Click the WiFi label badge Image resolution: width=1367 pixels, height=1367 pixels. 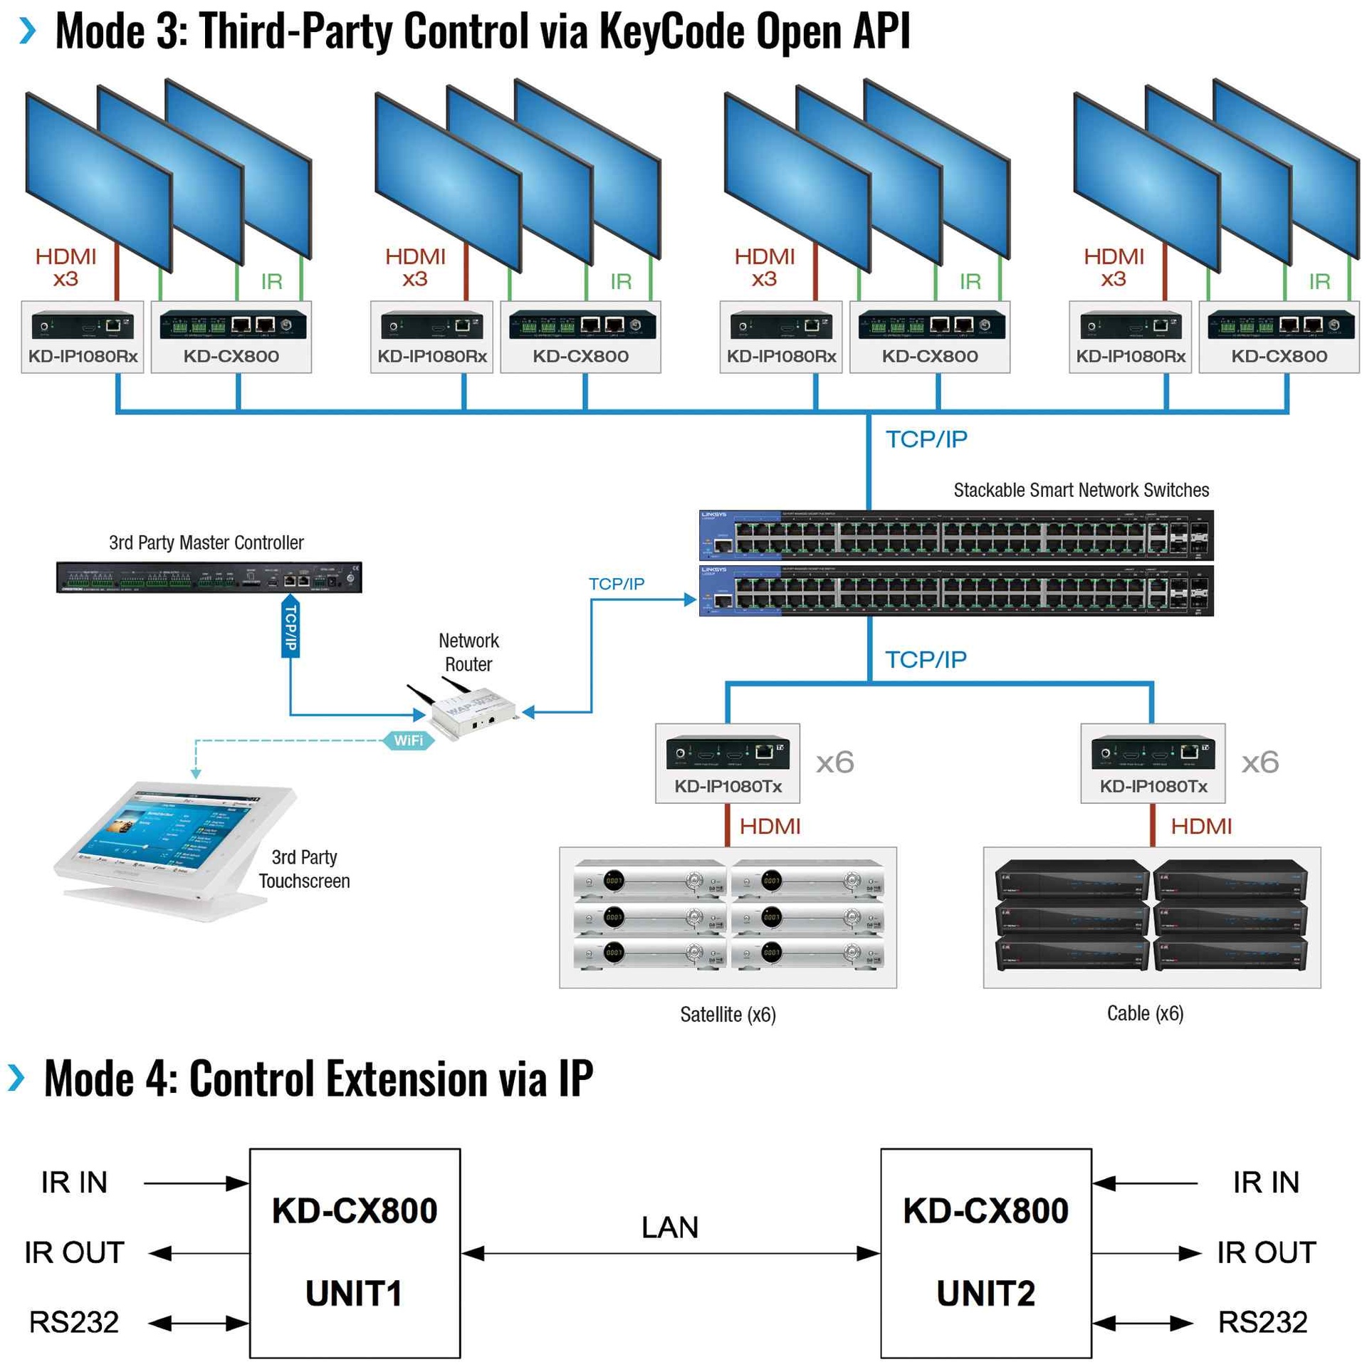pos(407,740)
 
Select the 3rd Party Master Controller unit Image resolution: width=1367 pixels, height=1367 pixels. pos(209,577)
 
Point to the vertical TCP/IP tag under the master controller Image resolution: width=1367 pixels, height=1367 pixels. pos(290,628)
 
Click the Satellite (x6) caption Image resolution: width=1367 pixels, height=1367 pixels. pos(727,1014)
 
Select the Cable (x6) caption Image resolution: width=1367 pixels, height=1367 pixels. pos(1144,1012)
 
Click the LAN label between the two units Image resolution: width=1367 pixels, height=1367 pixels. pos(669,1227)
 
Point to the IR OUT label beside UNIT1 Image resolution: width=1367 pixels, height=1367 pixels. pos(74,1252)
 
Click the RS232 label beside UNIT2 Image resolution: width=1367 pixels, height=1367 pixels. pos(1262,1321)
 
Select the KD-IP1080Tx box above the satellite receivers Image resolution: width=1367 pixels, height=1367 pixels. pos(727,763)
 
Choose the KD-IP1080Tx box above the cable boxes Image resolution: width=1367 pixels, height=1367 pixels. pos(1152,763)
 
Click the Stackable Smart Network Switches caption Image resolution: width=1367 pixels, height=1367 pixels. pos(1080,490)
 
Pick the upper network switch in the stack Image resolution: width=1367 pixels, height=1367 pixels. pos(955,535)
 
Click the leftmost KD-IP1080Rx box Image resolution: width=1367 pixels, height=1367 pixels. pos(83,336)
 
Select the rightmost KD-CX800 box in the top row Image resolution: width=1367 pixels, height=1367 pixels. pos(1278,336)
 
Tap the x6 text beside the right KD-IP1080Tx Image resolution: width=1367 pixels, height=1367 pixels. pos(1259,762)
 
